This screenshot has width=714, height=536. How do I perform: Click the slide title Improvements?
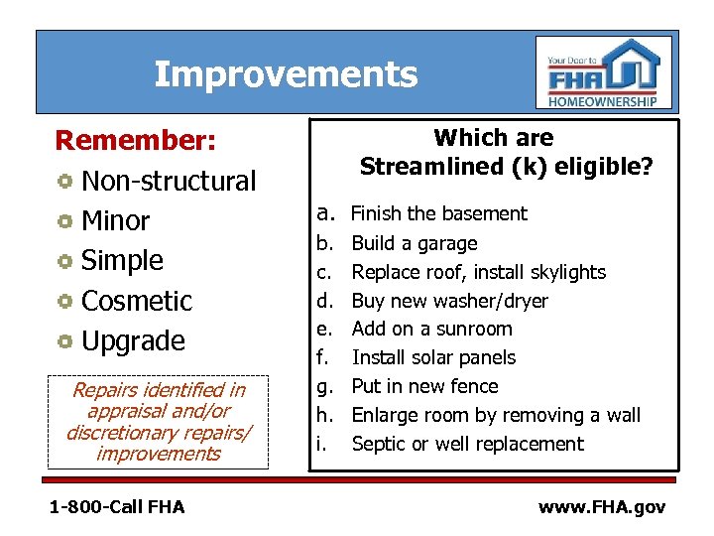[286, 74]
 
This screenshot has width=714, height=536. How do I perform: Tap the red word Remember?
[135, 141]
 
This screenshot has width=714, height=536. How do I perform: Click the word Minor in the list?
[115, 220]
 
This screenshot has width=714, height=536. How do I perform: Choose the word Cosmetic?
[137, 301]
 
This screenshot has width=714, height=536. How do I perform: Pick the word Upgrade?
[133, 340]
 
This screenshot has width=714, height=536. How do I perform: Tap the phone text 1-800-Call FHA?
[117, 507]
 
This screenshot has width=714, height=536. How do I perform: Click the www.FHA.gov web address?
[601, 507]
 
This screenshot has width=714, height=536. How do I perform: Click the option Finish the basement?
[439, 213]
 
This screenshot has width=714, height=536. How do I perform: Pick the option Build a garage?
[415, 243]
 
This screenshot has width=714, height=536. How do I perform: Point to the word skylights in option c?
[565, 272]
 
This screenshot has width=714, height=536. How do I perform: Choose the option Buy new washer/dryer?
[449, 301]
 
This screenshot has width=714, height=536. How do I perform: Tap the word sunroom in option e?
[475, 329]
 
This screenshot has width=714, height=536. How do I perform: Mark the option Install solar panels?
[433, 357]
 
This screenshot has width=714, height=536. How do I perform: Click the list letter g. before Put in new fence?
[322, 387]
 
